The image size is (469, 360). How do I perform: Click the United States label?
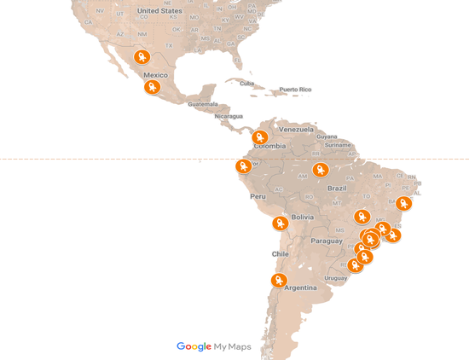click(159, 11)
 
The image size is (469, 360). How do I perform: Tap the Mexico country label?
click(155, 74)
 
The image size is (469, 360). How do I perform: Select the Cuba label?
click(247, 84)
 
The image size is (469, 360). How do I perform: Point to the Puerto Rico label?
click(295, 90)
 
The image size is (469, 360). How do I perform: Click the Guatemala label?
click(204, 104)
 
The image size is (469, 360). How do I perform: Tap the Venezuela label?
click(298, 129)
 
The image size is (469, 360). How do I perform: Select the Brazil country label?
click(337, 188)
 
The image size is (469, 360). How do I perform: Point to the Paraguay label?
click(327, 241)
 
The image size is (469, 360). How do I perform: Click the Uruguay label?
click(336, 277)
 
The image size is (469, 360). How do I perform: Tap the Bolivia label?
click(303, 217)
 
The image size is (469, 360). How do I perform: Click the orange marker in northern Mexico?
click(142, 57)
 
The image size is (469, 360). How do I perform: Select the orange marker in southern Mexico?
click(152, 86)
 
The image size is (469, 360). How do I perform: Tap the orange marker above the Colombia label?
click(260, 136)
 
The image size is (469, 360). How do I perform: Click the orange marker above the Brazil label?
click(321, 169)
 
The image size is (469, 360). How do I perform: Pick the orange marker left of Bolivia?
click(280, 223)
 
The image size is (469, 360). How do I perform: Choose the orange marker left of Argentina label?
click(278, 280)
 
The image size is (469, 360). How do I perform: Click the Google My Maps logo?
click(214, 346)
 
